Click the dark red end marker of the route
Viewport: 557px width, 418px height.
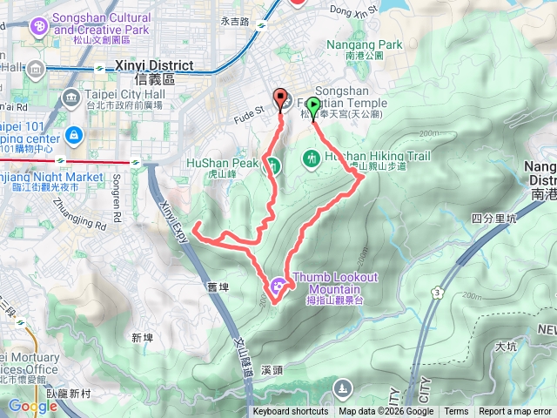280,98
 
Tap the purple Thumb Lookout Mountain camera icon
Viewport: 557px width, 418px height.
278,283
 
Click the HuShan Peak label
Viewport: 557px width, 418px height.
223,163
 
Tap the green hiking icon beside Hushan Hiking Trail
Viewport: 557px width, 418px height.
312,158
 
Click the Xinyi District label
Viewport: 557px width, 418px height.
145,65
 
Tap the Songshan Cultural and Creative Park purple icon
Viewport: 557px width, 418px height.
38,26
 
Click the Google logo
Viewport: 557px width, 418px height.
33,406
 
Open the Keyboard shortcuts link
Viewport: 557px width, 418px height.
291,412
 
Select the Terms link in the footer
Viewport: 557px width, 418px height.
456,412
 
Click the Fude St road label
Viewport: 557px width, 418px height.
248,111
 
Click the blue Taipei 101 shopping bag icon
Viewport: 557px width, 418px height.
74,135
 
